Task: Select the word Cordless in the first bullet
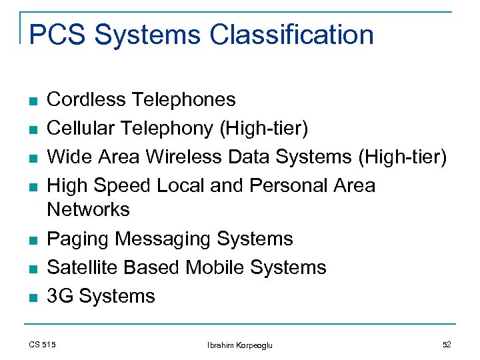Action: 86,100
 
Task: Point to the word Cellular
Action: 81,128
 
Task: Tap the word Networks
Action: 88,209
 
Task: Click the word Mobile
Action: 217,267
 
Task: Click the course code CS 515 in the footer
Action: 43,344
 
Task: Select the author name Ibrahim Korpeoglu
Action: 239,345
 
